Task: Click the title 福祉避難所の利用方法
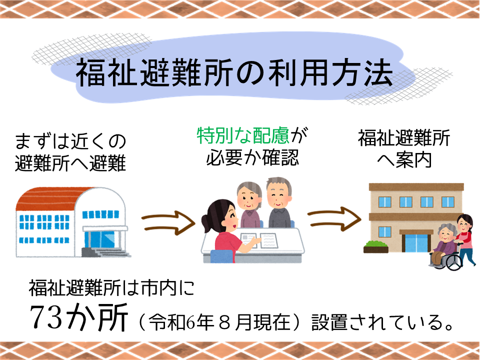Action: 234,72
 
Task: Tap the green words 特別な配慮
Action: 243,135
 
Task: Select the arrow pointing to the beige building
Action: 334,218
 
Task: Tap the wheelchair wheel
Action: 453,261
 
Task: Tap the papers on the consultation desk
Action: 259,240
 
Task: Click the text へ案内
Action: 404,160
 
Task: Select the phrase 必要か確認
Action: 252,157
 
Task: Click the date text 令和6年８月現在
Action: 219,322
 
